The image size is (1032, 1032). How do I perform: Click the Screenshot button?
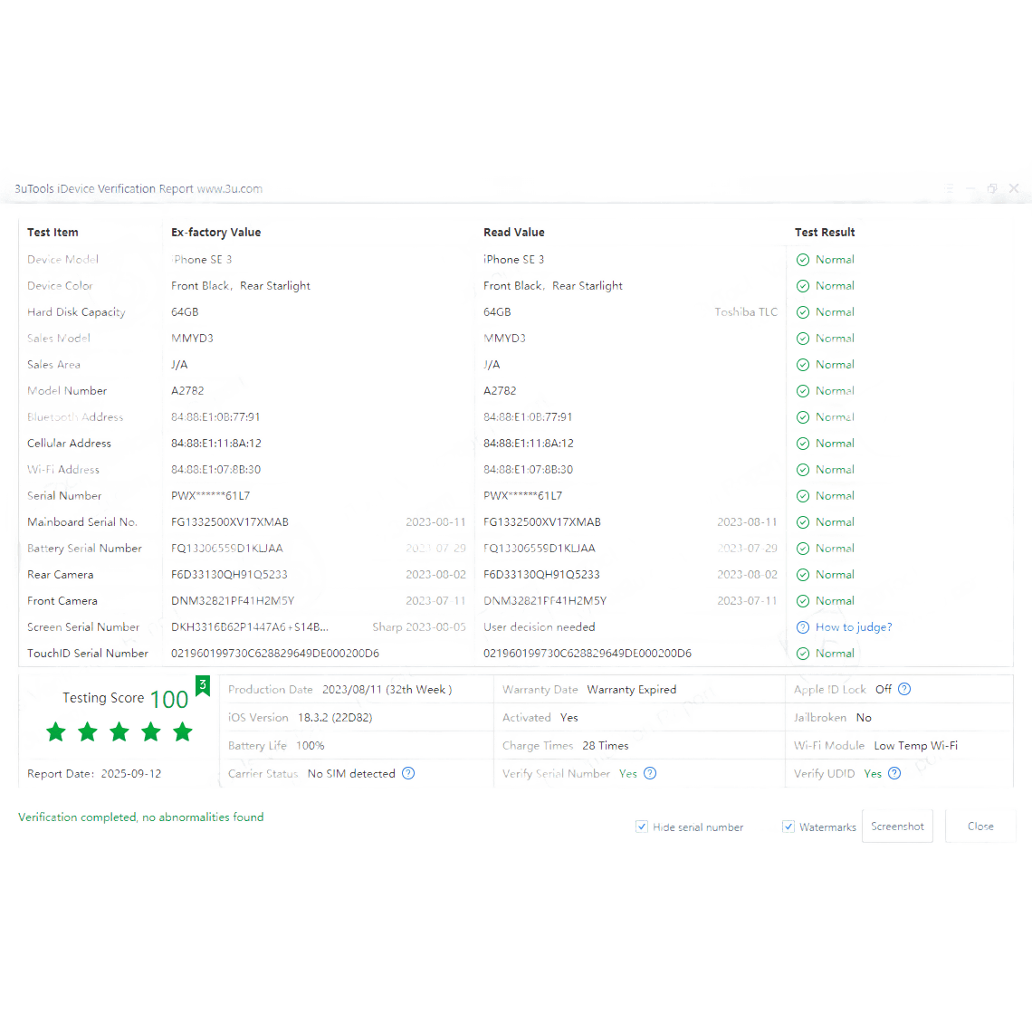[x=897, y=826]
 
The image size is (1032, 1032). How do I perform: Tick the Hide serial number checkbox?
[x=642, y=827]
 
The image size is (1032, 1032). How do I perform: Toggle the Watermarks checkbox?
[x=788, y=827]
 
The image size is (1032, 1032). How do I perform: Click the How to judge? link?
[x=853, y=627]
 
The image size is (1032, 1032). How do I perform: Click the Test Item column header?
[x=53, y=233]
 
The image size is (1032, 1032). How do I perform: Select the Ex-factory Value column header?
[x=216, y=233]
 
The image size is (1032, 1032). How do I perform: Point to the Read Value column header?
[x=514, y=233]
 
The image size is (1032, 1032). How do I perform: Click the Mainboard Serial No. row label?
[x=82, y=522]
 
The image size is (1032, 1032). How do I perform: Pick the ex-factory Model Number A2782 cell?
[x=188, y=391]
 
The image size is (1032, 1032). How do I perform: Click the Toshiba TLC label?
[x=746, y=312]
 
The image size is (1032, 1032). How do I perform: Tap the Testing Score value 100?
[x=169, y=699]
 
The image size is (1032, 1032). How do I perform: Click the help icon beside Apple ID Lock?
[x=904, y=689]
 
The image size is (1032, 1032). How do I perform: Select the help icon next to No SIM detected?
[x=408, y=773]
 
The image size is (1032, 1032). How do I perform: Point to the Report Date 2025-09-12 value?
[x=131, y=774]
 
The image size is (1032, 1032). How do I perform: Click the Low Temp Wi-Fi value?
[x=915, y=746]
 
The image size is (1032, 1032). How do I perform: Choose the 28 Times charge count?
[x=605, y=746]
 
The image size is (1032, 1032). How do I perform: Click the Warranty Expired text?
[x=632, y=690]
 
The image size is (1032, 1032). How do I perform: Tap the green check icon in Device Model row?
[x=803, y=260]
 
